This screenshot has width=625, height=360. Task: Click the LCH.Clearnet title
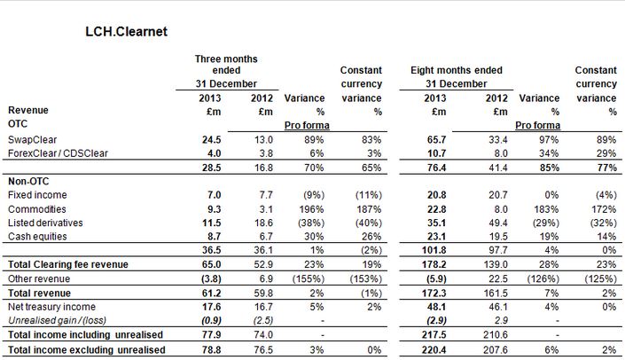click(x=127, y=32)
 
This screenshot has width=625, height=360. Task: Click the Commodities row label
click(x=35, y=207)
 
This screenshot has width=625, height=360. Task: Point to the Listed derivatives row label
click(x=45, y=222)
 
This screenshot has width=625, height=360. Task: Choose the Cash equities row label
click(x=37, y=235)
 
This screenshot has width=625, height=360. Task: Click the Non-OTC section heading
click(x=27, y=180)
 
